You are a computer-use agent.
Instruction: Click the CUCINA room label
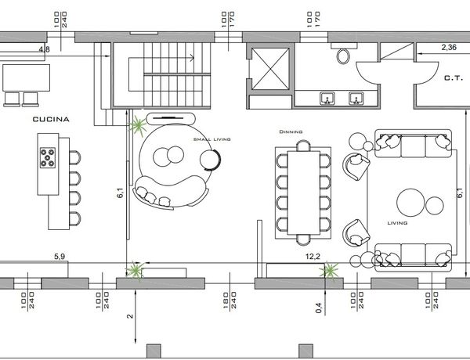[x=51, y=119]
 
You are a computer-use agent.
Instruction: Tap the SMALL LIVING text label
[x=212, y=139]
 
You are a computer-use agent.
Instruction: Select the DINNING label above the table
[x=291, y=131]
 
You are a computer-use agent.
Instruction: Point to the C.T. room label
[x=454, y=78]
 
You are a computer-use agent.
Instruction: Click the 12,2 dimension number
[x=313, y=257]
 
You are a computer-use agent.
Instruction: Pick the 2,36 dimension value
[x=449, y=47]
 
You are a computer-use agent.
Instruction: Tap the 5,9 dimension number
[x=60, y=257]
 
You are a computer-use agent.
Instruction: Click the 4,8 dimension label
[x=45, y=49]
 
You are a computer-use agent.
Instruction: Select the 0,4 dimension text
[x=319, y=308]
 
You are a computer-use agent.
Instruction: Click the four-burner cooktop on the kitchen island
[x=48, y=157]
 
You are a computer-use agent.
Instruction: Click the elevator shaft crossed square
[x=270, y=69]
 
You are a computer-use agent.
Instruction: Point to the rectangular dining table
[x=303, y=193]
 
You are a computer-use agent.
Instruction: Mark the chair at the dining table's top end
[x=303, y=146]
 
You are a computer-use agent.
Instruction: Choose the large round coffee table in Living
[x=410, y=203]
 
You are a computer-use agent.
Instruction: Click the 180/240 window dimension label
[x=230, y=301]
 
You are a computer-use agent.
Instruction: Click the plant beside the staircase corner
[x=138, y=125]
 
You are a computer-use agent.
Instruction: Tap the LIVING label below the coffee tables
[x=397, y=223]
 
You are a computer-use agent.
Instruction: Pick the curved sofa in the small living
[x=169, y=192]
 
